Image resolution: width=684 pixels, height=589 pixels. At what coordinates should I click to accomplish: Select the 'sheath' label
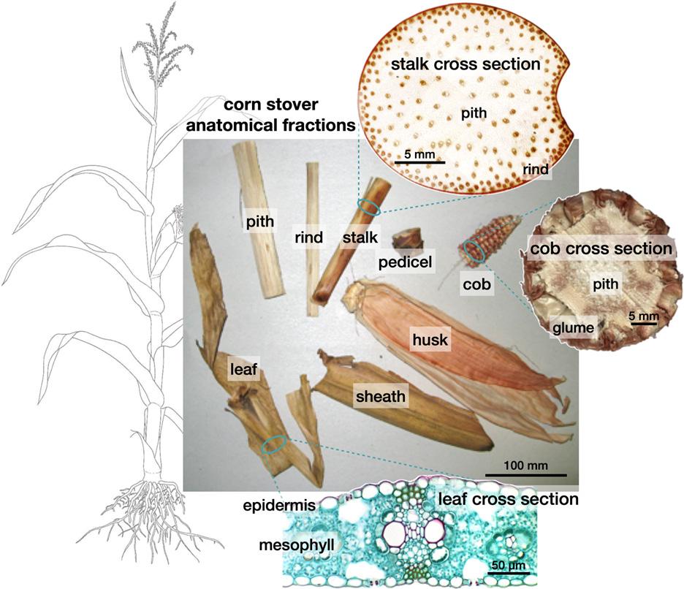click(x=380, y=397)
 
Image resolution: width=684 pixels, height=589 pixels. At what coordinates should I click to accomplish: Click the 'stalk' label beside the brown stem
click(x=360, y=237)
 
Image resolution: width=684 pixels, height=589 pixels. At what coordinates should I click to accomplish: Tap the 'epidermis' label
click(x=274, y=504)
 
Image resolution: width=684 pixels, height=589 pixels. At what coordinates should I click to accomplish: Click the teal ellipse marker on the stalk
click(x=369, y=208)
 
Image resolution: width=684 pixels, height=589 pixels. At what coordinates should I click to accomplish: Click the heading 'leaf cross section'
click(x=507, y=500)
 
